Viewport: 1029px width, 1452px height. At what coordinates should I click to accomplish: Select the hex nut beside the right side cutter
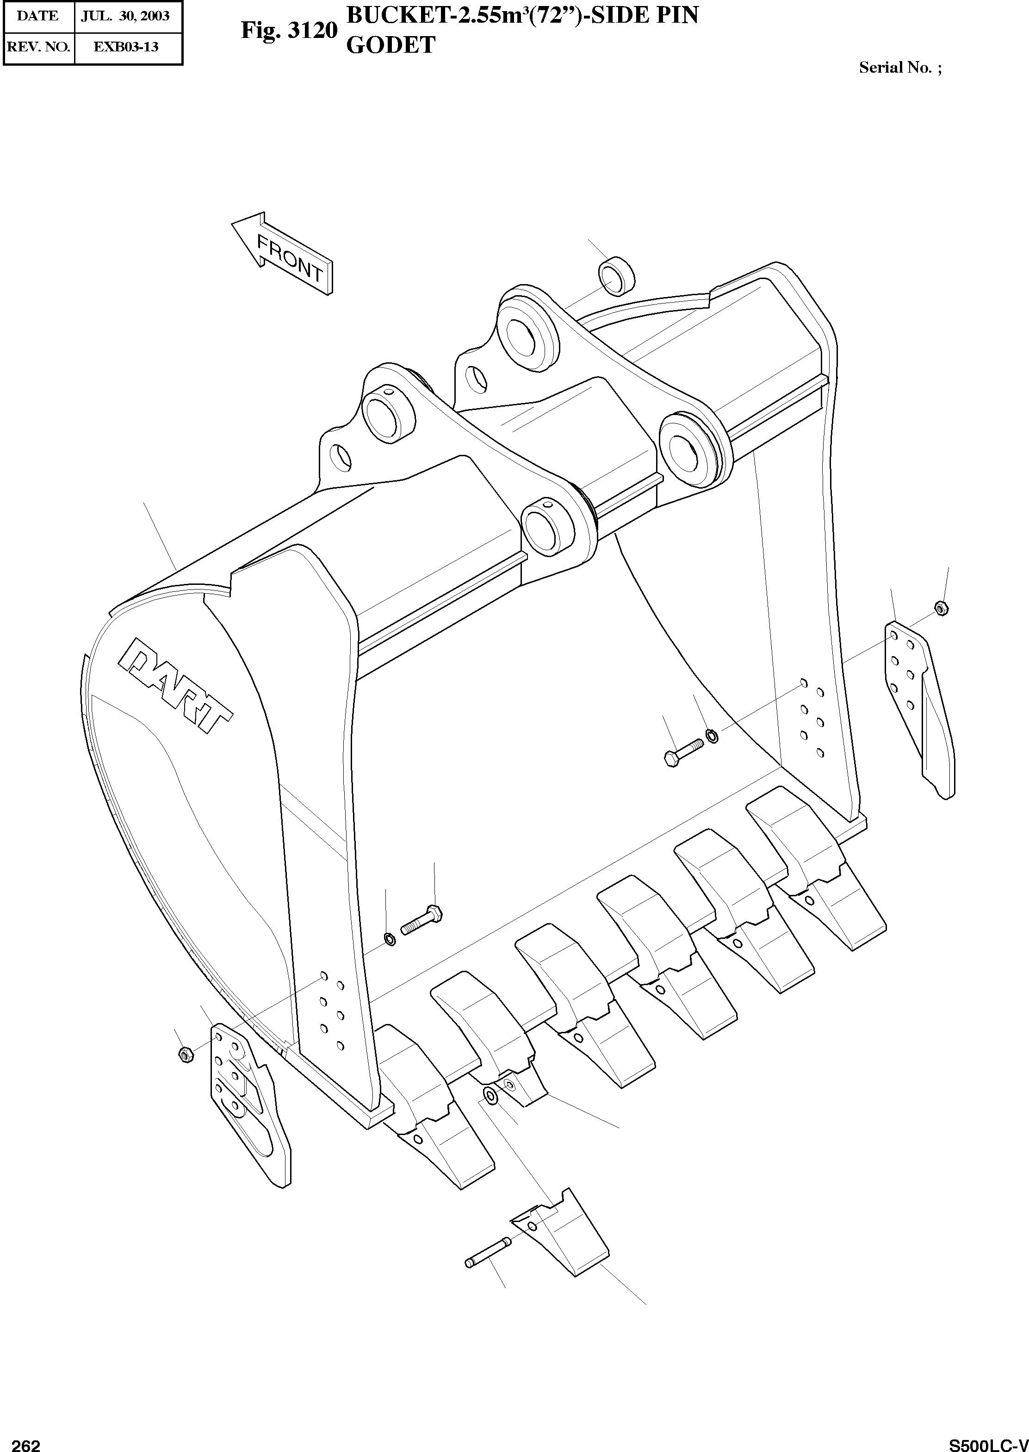click(x=942, y=608)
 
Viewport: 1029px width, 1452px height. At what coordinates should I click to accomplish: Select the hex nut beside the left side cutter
click(x=186, y=1054)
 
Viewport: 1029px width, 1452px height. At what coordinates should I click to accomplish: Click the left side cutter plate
click(x=248, y=1104)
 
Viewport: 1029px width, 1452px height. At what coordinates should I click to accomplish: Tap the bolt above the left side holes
click(x=422, y=920)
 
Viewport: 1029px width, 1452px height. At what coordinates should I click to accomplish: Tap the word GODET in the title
click(x=391, y=45)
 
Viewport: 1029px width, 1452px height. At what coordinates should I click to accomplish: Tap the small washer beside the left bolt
click(x=391, y=939)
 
